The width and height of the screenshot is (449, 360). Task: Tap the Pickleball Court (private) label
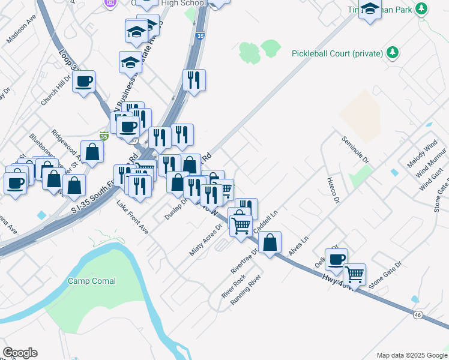[337, 53]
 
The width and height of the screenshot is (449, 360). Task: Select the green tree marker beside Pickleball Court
[393, 53]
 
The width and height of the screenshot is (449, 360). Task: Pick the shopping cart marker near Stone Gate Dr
[354, 274]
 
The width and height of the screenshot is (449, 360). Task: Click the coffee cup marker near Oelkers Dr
[337, 259]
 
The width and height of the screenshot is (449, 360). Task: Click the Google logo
[20, 353]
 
